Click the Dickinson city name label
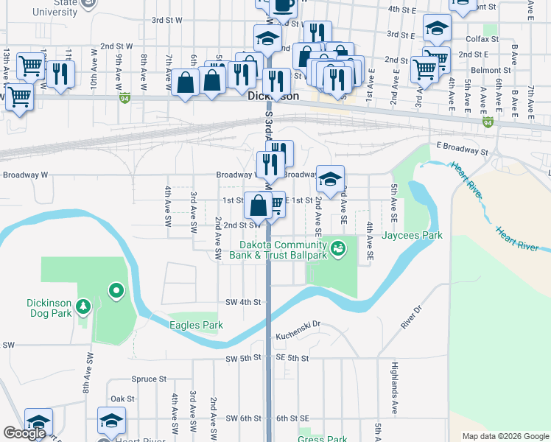pos(273,96)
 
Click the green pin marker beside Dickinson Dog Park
pos(116,292)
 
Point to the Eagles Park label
pos(194,325)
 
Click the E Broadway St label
pos(463,146)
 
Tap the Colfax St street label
pos(482,38)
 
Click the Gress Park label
pos(323,439)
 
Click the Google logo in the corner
pos(24,433)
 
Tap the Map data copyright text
pos(505,436)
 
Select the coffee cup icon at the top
pos(283,6)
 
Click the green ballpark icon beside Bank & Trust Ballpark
pos(337,249)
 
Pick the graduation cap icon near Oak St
pos(111,421)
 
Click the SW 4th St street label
pos(244,302)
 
